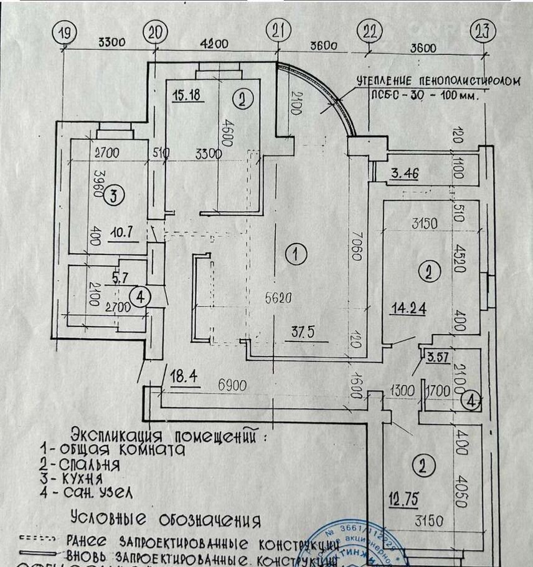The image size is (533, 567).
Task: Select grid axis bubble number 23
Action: click(x=483, y=32)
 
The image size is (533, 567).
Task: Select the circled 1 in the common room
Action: click(x=296, y=253)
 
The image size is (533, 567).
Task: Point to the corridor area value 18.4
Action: click(x=184, y=376)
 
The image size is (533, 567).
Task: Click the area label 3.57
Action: click(x=438, y=358)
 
